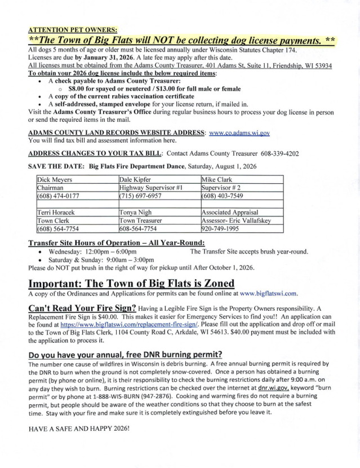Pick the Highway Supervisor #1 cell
pyautogui.click(x=150, y=187)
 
